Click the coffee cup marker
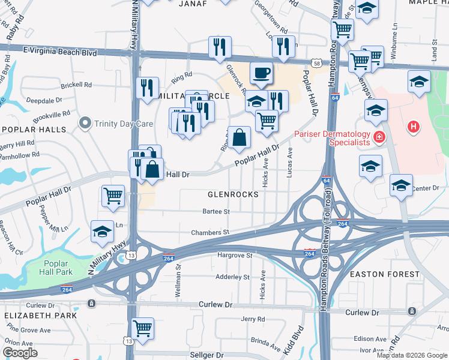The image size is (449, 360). [261, 74]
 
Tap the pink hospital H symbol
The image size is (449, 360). [413, 127]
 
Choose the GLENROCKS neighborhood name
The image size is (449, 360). [233, 194]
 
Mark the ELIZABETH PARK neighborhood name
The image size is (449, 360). [40, 315]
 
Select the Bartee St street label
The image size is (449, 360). [216, 211]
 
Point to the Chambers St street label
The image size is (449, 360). [210, 232]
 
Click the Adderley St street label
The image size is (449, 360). [232, 277]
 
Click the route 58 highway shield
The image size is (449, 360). [316, 62]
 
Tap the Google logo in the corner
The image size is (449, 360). [20, 353]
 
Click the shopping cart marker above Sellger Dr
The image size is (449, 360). [142, 328]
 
